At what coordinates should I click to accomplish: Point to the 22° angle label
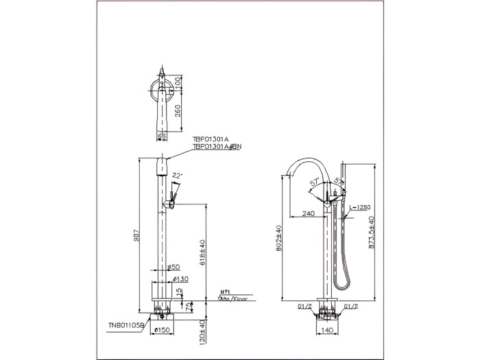pos(177,175)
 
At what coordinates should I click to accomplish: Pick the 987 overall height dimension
pos(138,236)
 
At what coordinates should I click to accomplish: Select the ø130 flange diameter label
pos(181,279)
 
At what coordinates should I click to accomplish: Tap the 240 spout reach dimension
pos(308,213)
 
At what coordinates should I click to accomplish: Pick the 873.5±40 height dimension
pos(371,234)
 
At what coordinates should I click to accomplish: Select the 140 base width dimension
pos(328,329)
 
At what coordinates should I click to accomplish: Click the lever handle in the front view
pos(172,200)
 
